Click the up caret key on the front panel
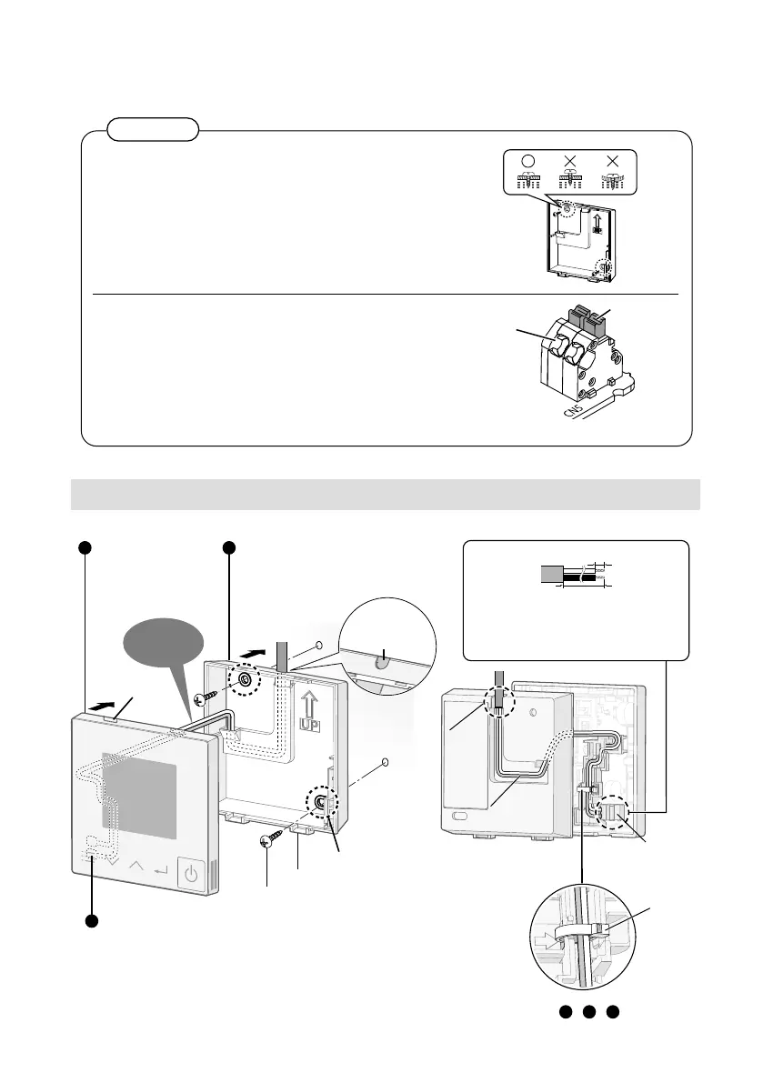[x=136, y=864]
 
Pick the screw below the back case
[x=268, y=838]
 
